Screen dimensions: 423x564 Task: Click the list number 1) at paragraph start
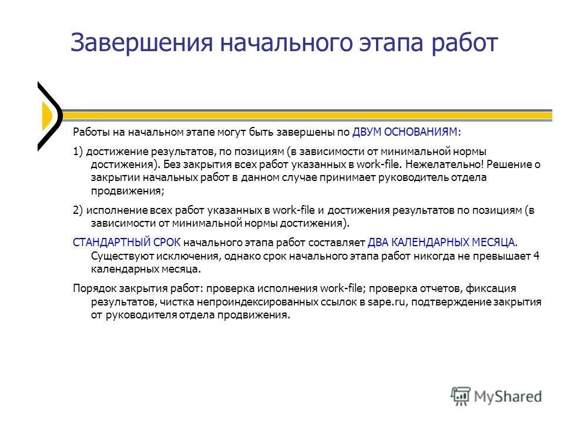pyautogui.click(x=78, y=152)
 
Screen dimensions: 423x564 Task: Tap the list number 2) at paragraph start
pyautogui.click(x=78, y=210)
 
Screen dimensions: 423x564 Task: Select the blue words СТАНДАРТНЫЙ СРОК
pyautogui.click(x=126, y=242)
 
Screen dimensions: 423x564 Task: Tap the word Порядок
pyautogui.click(x=91, y=288)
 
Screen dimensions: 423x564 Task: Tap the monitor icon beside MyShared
pyautogui.click(x=461, y=396)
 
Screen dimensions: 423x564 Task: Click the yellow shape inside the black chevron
pyautogui.click(x=46, y=116)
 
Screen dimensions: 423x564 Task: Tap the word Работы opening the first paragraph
pyautogui.click(x=90, y=132)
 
